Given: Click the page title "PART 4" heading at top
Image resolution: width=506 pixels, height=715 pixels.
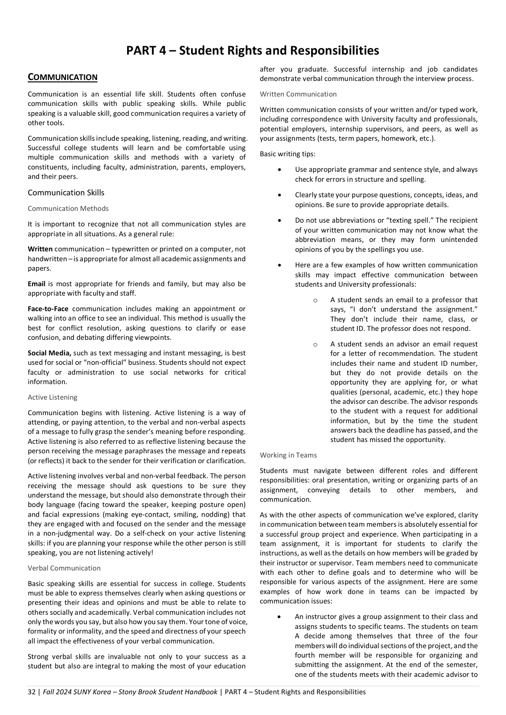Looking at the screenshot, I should point(252,51).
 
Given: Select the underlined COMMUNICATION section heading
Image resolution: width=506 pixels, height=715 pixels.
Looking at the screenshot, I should point(63,78).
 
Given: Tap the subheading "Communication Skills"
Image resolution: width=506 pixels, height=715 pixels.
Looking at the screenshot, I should point(66,193).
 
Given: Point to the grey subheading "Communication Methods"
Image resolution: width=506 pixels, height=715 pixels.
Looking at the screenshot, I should point(68,209).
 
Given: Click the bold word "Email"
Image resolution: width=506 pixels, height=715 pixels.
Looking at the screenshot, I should point(36,284).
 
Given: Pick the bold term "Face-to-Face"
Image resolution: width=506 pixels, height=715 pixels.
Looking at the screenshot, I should point(48,309).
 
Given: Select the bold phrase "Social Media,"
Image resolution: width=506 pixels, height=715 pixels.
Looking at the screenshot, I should point(49,353).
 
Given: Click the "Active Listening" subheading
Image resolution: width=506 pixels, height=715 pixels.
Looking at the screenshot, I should point(52,397).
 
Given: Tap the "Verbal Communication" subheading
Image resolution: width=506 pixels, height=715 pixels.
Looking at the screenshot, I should point(64,568).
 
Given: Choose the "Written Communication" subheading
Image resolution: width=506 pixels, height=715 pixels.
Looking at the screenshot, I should point(298,94).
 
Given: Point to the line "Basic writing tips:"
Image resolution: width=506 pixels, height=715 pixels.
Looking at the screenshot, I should point(287,154).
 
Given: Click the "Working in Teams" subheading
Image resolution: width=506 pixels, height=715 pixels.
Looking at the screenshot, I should point(288,455).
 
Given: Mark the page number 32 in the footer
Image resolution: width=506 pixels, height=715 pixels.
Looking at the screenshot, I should point(32,692).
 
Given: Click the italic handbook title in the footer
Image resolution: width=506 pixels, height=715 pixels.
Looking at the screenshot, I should point(130,692).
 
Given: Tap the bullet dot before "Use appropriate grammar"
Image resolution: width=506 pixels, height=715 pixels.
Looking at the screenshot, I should point(280,170).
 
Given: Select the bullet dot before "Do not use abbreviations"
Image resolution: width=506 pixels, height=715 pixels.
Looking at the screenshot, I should point(280,220).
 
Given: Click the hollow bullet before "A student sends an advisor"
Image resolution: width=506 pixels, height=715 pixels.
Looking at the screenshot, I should point(315,345).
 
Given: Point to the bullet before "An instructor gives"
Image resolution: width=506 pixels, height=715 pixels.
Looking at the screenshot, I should point(280,617).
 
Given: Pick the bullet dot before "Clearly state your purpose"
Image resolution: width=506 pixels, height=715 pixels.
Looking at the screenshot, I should point(280,195).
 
